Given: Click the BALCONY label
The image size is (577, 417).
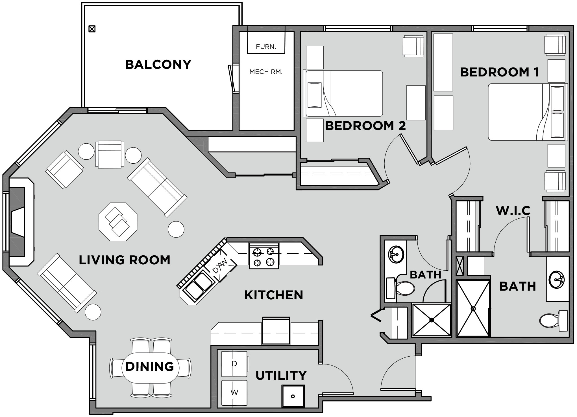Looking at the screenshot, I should click(x=158, y=65).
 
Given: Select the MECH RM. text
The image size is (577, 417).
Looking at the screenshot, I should click(x=266, y=72).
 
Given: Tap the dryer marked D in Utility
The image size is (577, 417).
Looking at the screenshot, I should click(x=234, y=364).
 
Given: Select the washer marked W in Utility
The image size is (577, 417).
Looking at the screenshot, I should click(x=234, y=392).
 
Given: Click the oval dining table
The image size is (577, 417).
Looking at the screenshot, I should click(x=150, y=367).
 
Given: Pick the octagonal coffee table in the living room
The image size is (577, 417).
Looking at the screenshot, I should click(x=118, y=221).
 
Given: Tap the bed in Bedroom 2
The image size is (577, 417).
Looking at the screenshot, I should click(x=343, y=93).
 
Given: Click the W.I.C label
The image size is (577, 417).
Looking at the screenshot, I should click(x=513, y=211).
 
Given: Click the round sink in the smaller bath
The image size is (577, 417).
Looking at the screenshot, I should click(x=396, y=254).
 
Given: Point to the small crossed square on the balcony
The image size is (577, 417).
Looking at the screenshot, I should click(x=92, y=29).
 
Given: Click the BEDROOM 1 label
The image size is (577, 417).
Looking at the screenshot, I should click(x=499, y=72).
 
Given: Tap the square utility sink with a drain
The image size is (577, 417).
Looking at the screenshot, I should click(x=293, y=396).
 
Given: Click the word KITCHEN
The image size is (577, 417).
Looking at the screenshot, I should click(x=273, y=295).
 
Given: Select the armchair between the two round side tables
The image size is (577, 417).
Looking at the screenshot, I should click(x=109, y=154).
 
